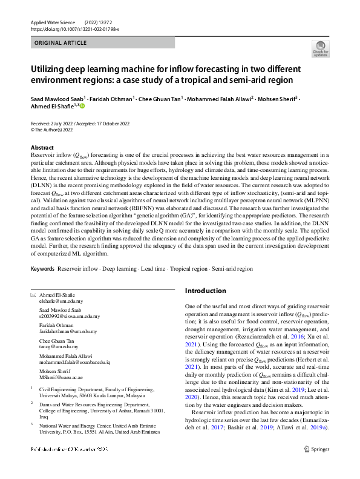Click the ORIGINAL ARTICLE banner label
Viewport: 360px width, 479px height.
(61, 44)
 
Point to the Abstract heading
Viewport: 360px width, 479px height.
(42, 148)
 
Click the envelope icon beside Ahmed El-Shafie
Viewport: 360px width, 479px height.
(33, 295)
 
